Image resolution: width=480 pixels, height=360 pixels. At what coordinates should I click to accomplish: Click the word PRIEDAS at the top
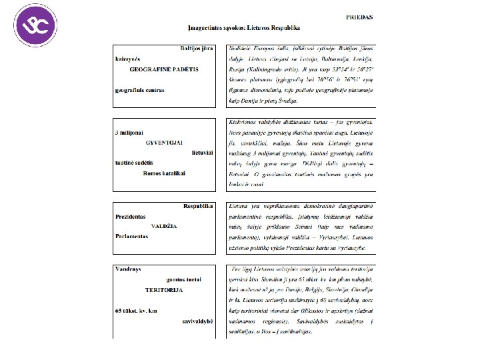click(x=359, y=17)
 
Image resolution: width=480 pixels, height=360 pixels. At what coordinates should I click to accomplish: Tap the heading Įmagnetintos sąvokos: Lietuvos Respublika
click(x=244, y=29)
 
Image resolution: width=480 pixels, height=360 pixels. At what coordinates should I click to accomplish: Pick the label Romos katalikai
click(x=165, y=173)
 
